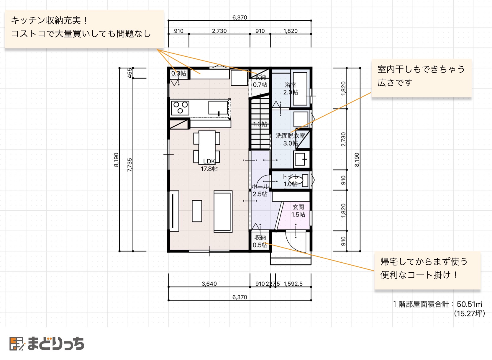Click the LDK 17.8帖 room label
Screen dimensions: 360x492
(209, 165)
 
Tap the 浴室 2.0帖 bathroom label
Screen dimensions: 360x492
(291, 89)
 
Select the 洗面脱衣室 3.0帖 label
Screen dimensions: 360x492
(290, 140)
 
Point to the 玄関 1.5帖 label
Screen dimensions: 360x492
(298, 211)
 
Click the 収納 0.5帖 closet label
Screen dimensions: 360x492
(260, 241)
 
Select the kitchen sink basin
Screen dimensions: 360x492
(218, 107)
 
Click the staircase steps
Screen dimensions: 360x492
(260, 124)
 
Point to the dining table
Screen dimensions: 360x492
(207, 147)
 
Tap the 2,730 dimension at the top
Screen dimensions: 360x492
(219, 31)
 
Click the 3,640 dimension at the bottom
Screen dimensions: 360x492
(209, 284)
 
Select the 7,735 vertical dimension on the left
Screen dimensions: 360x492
(130, 165)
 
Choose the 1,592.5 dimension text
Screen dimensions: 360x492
(293, 284)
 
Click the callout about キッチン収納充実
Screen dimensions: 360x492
(84, 29)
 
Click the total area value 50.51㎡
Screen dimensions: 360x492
(469, 304)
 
